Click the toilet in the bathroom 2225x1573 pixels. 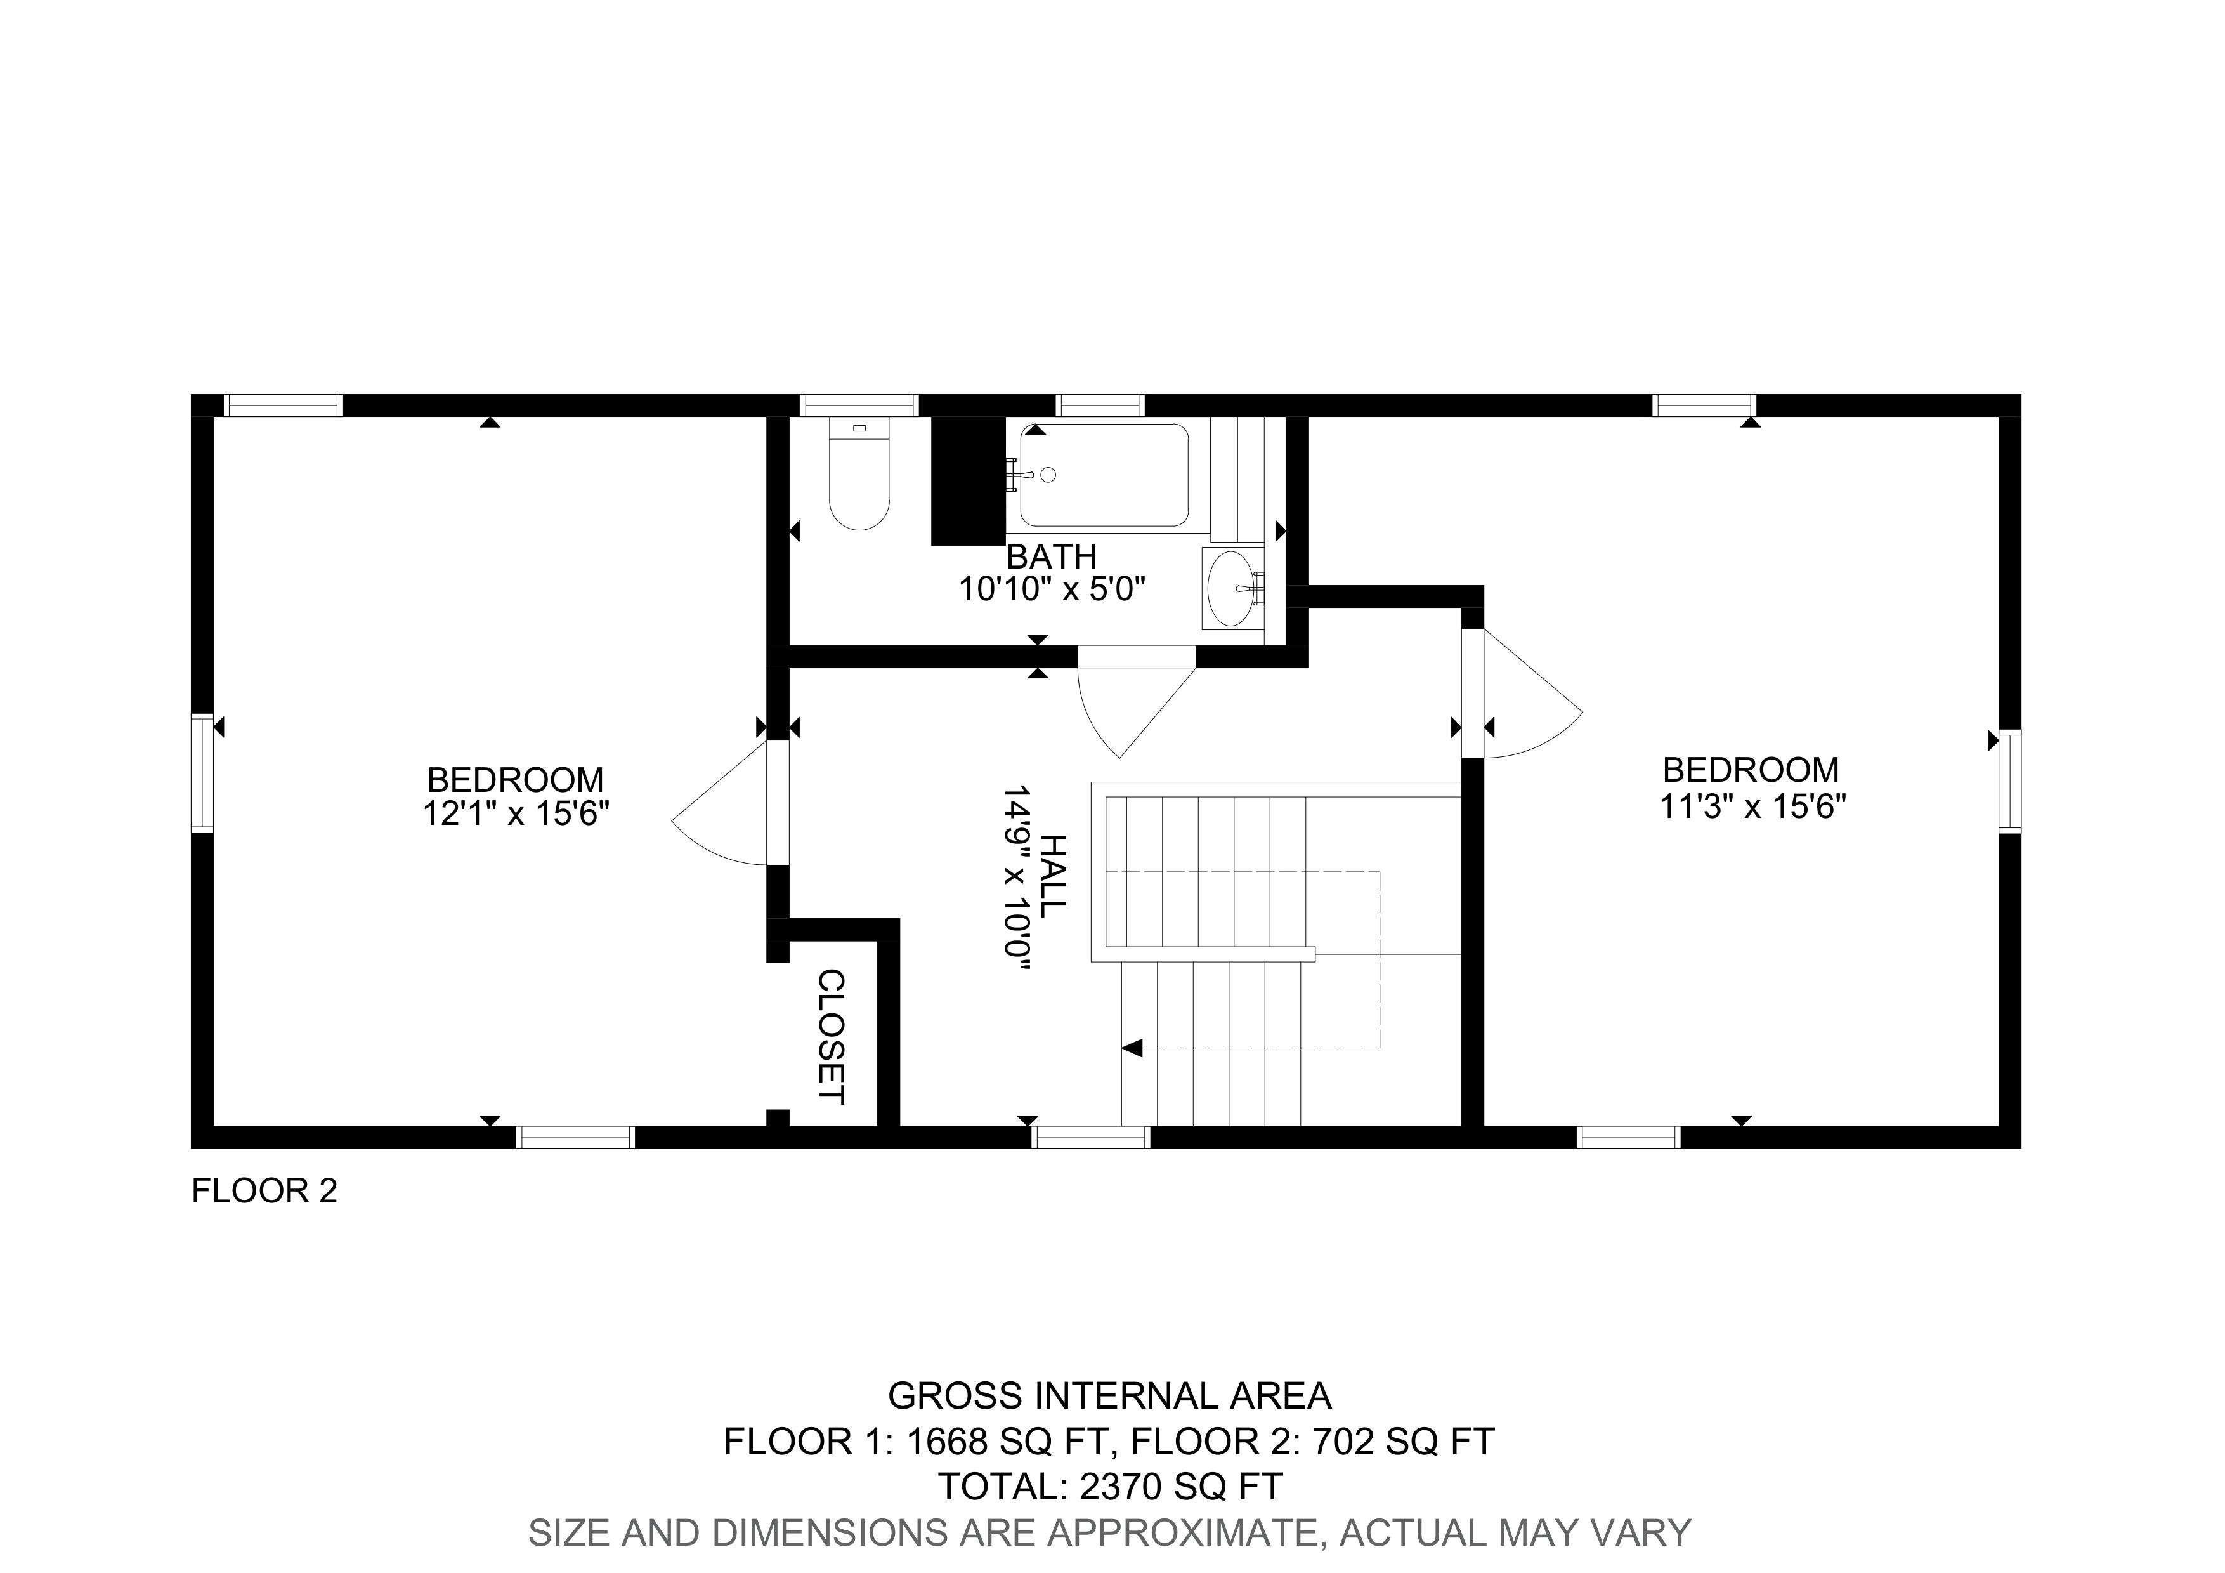(x=859, y=475)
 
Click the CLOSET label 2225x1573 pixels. (x=832, y=1037)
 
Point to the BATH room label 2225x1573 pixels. (x=1052, y=556)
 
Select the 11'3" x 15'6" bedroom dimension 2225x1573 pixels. (x=1752, y=806)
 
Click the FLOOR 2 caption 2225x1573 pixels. (x=264, y=1190)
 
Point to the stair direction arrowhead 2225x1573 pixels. (x=1133, y=1048)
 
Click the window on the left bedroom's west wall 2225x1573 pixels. (x=202, y=772)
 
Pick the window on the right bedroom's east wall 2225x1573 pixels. (x=2010, y=781)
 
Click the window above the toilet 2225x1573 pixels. (x=859, y=405)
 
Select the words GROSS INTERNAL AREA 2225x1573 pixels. (x=1109, y=1395)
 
